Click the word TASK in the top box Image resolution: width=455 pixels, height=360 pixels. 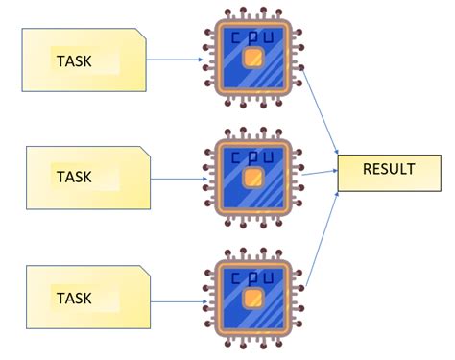click(x=75, y=60)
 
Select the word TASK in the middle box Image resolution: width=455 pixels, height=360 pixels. click(x=75, y=177)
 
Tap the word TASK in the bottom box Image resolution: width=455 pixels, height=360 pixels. click(x=75, y=298)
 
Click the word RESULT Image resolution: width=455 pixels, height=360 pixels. click(x=389, y=170)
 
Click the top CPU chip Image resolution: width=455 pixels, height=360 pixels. click(x=252, y=60)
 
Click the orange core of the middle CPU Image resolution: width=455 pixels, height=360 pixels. click(x=252, y=179)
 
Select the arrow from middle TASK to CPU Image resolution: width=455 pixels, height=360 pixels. click(x=180, y=178)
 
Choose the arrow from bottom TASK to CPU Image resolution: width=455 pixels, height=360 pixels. click(x=180, y=300)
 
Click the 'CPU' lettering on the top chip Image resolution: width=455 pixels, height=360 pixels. click(x=252, y=36)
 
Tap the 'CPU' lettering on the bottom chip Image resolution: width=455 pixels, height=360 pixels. click(x=252, y=276)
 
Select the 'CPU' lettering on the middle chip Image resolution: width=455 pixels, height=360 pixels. click(x=252, y=155)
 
